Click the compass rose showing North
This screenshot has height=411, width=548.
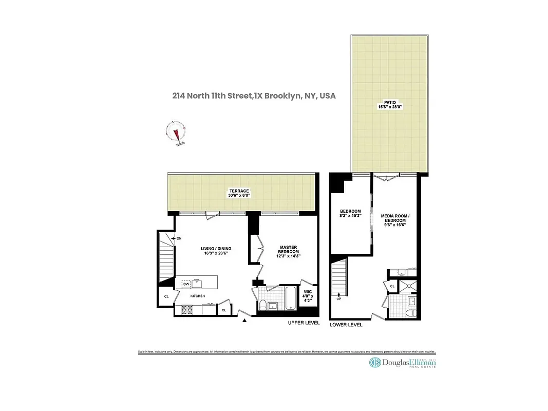coord(177,133)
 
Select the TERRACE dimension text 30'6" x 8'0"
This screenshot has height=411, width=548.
coord(239,196)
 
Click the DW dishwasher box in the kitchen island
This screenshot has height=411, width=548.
coord(185,284)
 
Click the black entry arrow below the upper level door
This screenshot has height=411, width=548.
coord(244,321)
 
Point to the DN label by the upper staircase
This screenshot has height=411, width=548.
coord(179,238)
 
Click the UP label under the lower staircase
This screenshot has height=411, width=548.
coord(338,298)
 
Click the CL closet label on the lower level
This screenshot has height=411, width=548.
coord(392,286)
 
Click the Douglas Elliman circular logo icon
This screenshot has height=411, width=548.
coord(375,363)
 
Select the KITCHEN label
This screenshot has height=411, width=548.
coord(198,296)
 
